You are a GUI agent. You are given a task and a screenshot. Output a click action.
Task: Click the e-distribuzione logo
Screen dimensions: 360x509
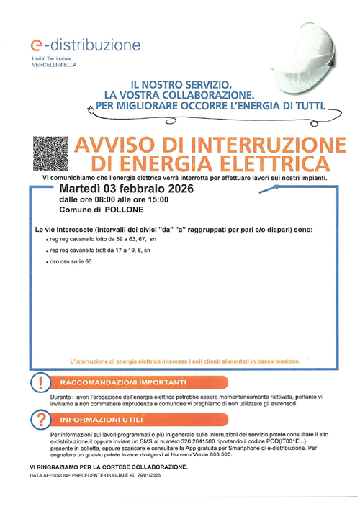(x=80, y=45)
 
